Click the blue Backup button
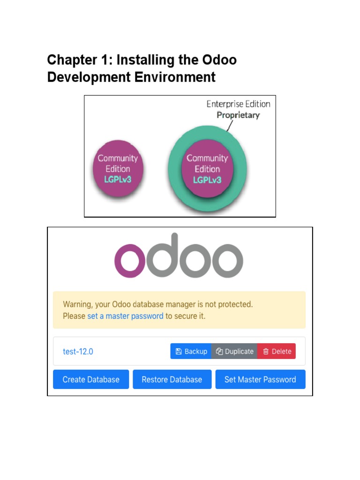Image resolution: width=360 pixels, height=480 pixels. (x=191, y=352)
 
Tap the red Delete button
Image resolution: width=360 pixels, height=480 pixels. (x=277, y=352)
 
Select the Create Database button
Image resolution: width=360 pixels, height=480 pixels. (x=91, y=380)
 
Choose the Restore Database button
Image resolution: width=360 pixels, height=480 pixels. (x=172, y=380)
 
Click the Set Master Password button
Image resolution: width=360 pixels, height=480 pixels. (x=260, y=380)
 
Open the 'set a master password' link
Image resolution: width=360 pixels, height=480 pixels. (x=125, y=316)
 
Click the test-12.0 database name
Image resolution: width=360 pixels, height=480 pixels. (x=78, y=352)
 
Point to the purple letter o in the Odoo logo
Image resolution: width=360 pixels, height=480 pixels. (x=129, y=261)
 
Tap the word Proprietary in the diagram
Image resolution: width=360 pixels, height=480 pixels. (x=238, y=115)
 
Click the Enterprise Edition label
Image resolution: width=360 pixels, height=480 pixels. (x=238, y=104)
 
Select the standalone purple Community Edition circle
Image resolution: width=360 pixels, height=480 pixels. (x=118, y=169)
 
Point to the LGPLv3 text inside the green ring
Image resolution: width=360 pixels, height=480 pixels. (x=207, y=180)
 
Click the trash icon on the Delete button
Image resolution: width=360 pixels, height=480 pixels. (x=266, y=352)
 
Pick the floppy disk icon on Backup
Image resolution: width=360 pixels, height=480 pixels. (x=179, y=352)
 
